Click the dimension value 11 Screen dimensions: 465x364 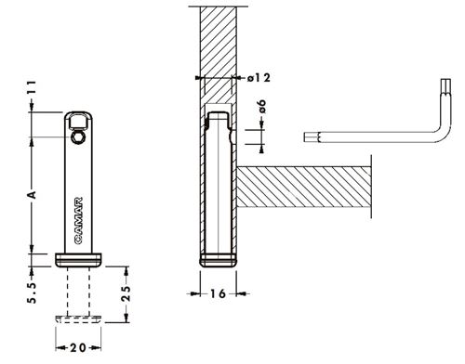coord(32,87)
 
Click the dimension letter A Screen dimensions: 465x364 coord(32,195)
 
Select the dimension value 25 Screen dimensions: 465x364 coord(126,293)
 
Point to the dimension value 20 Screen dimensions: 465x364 coord(78,348)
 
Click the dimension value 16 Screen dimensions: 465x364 coord(219,293)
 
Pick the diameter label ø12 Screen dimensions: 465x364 coord(259,77)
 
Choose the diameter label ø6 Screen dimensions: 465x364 coord(262,107)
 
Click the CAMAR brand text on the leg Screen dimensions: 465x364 coord(78,220)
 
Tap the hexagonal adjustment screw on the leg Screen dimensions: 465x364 coord(77,137)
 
